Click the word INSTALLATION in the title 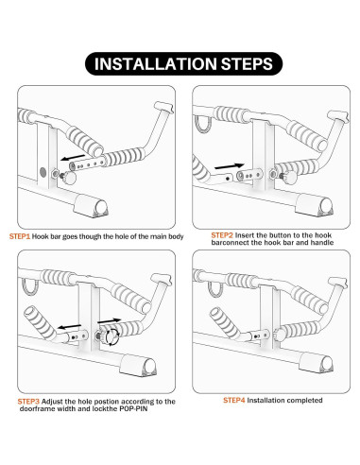pos(156,64)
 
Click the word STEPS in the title pos(247,64)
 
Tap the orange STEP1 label pos(20,236)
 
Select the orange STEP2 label pos(222,235)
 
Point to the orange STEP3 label pos(28,402)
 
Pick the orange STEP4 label pos(234,400)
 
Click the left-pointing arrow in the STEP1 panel pos(73,157)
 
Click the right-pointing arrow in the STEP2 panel pos(229,165)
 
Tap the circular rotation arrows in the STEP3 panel pos(112,336)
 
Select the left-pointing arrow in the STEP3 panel pos(69,326)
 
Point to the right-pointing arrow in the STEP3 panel pos(109,320)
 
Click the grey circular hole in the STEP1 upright pos(43,172)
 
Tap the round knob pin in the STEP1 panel pos(69,178)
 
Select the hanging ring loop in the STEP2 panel pos(202,124)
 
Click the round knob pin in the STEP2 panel pos(289,178)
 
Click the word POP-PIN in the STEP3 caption pos(133,409)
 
